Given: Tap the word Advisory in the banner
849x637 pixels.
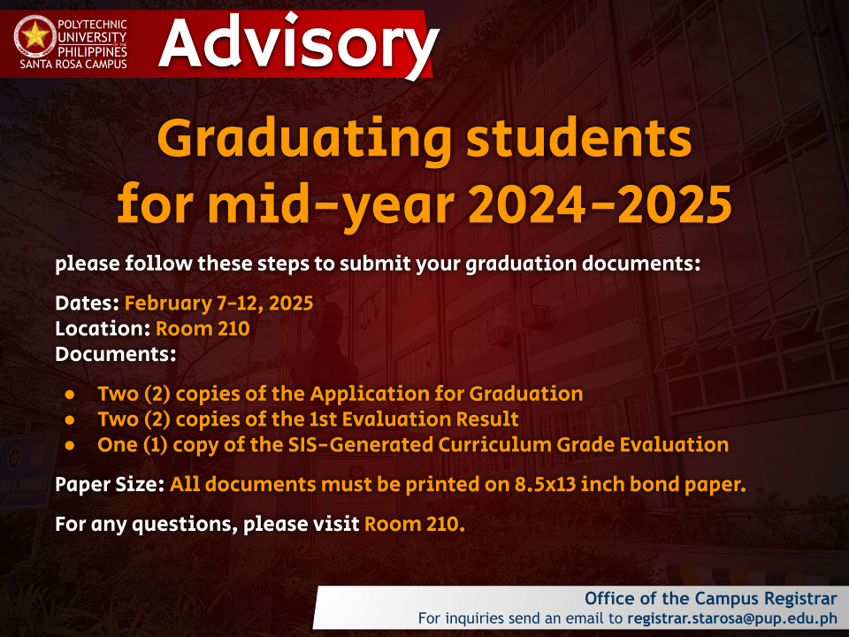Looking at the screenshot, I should coord(299,42).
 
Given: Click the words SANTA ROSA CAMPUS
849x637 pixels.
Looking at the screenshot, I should coord(73,65).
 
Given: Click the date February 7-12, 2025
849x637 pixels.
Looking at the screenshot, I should coord(218,303).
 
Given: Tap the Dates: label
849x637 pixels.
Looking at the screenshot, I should coord(87,303).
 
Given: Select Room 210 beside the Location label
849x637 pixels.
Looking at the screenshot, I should coord(203,329).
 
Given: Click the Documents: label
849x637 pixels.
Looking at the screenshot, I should coord(115,355).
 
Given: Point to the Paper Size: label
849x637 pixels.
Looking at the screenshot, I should coord(110,485).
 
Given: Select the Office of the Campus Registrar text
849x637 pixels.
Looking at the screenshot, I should coord(710,597).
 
